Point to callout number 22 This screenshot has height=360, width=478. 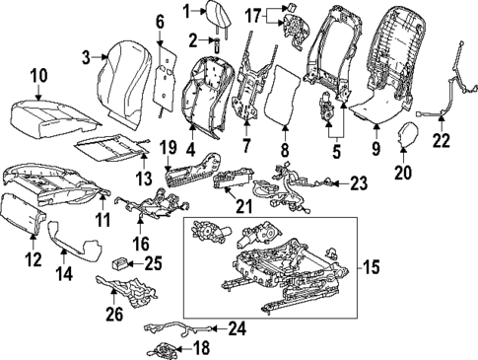441,141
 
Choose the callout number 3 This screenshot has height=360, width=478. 86,56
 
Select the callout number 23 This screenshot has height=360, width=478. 357,181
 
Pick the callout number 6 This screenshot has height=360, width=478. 161,20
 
